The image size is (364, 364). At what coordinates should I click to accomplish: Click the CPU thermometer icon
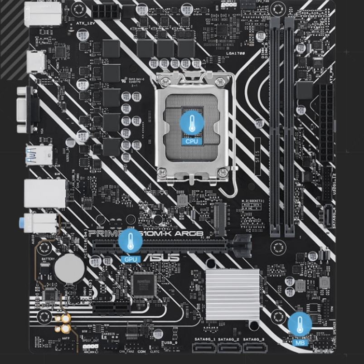tap(192, 123)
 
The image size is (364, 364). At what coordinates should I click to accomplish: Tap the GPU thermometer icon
tap(130, 241)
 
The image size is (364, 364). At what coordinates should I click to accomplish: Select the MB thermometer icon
tap(300, 324)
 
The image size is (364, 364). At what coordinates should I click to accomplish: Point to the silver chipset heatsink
tap(232, 294)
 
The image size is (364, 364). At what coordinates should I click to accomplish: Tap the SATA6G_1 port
tap(204, 348)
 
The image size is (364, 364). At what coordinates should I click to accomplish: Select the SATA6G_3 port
tap(254, 348)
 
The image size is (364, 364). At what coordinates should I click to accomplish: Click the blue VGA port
tap(28, 109)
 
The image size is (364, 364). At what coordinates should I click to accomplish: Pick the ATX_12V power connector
tap(107, 11)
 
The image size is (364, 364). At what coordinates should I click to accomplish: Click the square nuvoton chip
tap(143, 285)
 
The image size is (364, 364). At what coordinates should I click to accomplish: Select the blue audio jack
tap(22, 223)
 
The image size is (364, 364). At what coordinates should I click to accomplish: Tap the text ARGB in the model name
tap(190, 233)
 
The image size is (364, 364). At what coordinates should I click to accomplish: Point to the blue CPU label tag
tap(192, 141)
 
